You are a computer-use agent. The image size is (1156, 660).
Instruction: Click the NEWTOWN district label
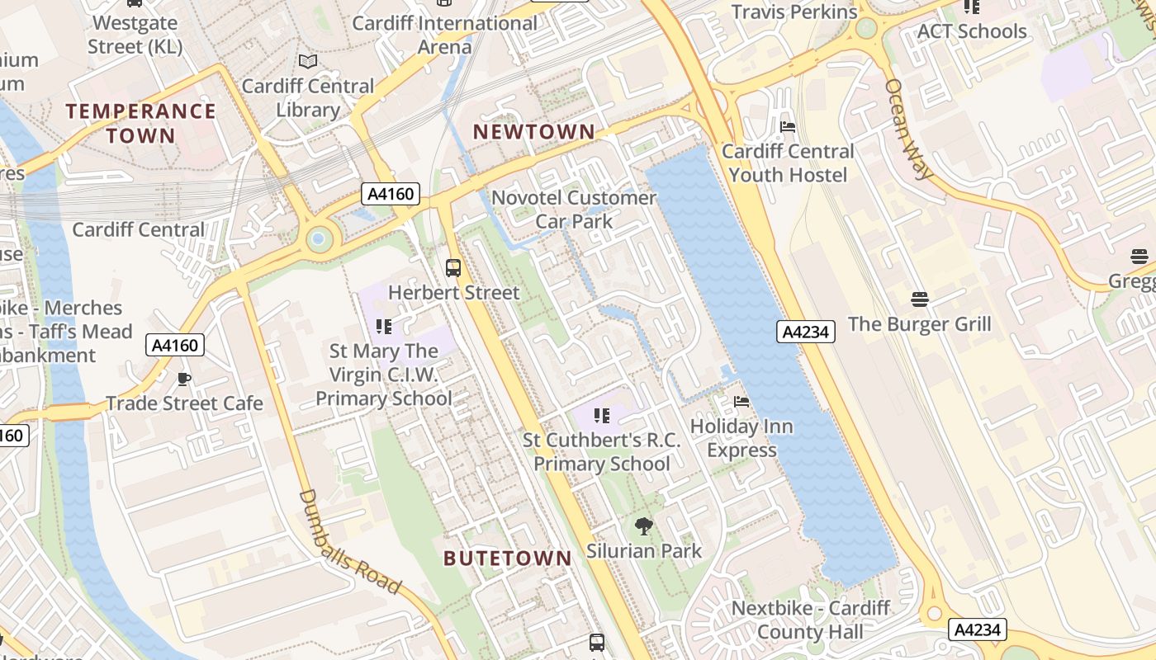click(x=533, y=132)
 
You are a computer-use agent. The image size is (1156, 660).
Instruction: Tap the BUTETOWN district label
click(x=508, y=559)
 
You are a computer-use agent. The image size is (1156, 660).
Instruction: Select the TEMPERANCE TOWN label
click(x=140, y=123)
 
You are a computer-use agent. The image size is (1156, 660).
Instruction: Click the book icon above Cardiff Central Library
click(x=308, y=62)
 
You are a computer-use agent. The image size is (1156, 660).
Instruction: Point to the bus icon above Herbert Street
click(x=453, y=267)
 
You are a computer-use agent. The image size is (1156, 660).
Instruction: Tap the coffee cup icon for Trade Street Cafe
click(x=183, y=379)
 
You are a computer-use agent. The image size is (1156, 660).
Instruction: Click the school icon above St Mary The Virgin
click(x=383, y=327)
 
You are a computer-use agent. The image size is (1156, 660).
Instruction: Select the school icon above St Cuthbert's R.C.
click(x=602, y=416)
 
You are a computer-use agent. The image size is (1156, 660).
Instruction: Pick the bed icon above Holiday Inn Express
click(x=741, y=402)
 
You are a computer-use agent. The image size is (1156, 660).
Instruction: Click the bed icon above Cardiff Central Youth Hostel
click(x=788, y=127)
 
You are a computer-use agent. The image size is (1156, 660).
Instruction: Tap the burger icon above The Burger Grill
click(x=920, y=299)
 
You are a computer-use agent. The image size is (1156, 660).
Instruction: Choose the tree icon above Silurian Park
click(x=643, y=526)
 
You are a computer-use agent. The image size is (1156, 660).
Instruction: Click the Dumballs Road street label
click(x=349, y=542)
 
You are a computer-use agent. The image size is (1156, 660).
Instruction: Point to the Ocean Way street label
click(x=908, y=129)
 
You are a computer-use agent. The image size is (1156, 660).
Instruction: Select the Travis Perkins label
click(x=794, y=12)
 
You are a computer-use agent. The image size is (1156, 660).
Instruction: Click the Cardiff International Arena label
click(x=445, y=35)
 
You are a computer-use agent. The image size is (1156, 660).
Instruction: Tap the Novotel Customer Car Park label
click(x=574, y=210)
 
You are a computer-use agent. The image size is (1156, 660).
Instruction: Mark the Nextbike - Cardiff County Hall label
click(x=811, y=620)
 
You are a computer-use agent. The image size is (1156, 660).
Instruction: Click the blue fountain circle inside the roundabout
click(x=318, y=240)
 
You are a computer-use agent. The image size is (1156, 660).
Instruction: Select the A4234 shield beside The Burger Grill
click(x=806, y=332)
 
